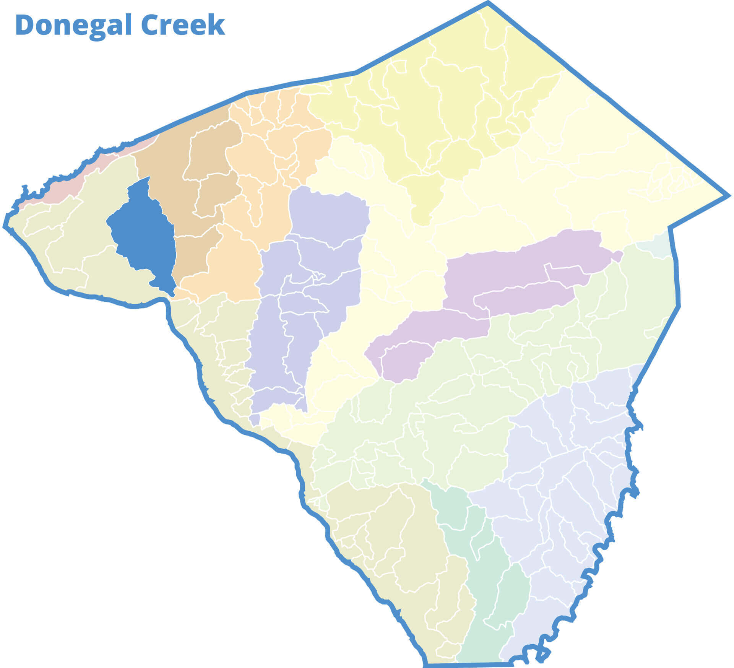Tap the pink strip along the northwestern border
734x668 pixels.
point(57,187)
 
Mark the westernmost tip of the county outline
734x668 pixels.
point(5,226)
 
